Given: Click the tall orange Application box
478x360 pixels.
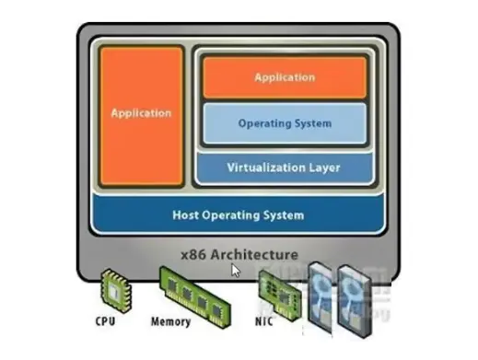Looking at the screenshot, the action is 142,116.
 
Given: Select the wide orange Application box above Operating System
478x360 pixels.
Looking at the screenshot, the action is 285,77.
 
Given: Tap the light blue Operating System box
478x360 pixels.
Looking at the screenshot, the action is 285,123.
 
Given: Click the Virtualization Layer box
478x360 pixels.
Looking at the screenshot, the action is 285,168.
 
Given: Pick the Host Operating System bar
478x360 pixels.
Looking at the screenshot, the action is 239,215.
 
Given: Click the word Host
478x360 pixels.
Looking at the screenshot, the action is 185,215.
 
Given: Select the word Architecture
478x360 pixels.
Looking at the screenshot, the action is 254,255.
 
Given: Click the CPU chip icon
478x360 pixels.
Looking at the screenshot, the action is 116,290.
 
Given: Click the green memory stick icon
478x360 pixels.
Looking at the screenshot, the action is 194,296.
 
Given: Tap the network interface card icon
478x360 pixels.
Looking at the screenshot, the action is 280,295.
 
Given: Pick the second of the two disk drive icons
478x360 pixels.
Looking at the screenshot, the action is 355,302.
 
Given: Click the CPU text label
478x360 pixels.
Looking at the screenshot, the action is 105,321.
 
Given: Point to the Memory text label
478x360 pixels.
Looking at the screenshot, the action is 170,321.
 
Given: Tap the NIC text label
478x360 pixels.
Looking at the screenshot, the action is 264,321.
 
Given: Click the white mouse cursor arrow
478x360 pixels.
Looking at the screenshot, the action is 236,271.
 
